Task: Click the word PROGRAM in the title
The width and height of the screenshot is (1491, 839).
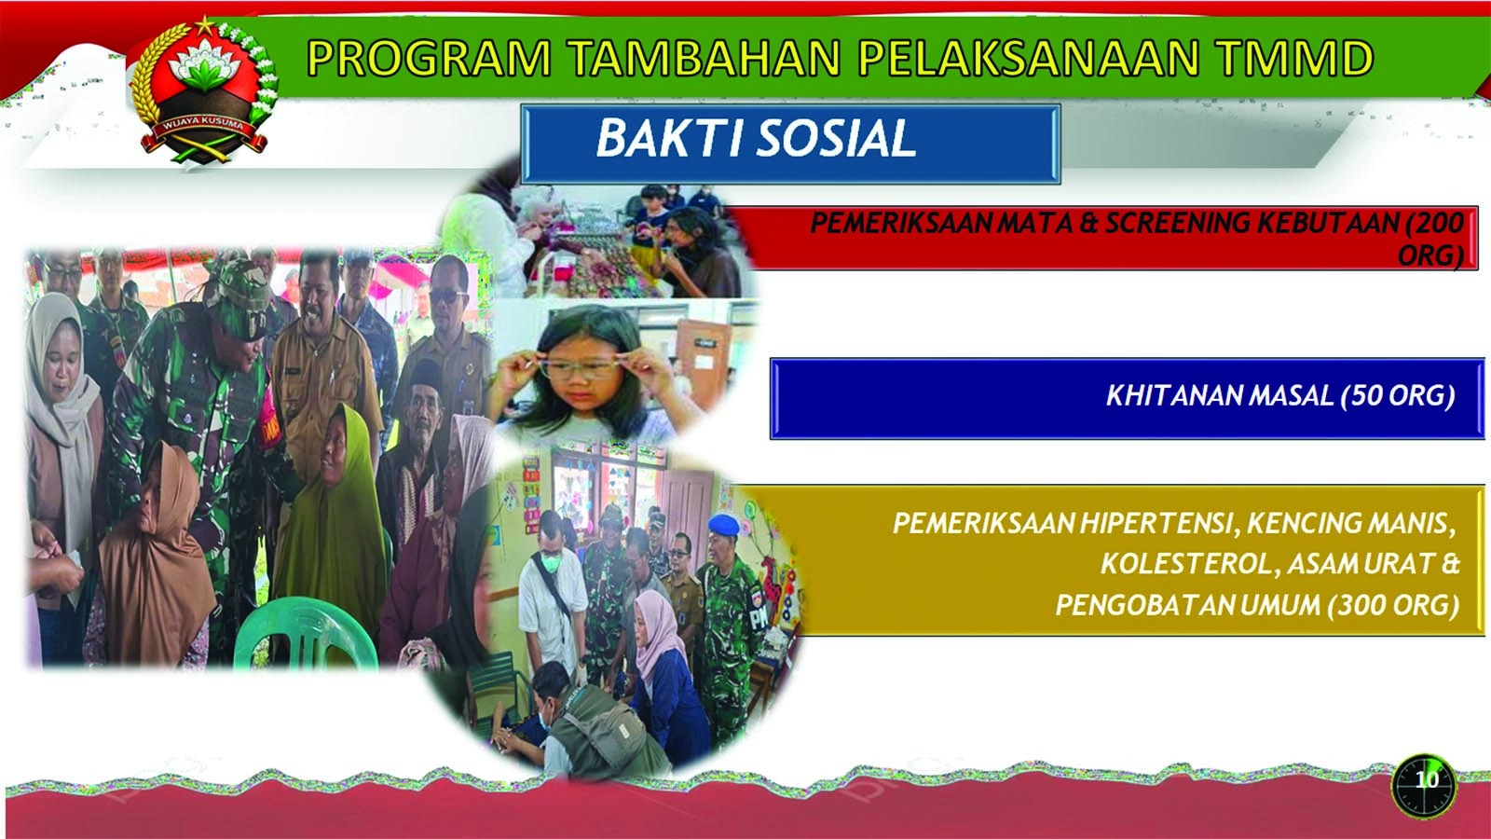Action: pos(430,57)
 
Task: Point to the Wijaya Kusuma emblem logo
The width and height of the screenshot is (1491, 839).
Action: pos(203,93)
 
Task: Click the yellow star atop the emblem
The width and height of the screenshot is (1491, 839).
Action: pos(205,27)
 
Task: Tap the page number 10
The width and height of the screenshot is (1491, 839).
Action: pos(1426,779)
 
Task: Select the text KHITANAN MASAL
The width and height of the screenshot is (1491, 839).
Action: pos(1220,395)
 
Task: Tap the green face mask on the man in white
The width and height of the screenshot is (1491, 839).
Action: pos(551,563)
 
